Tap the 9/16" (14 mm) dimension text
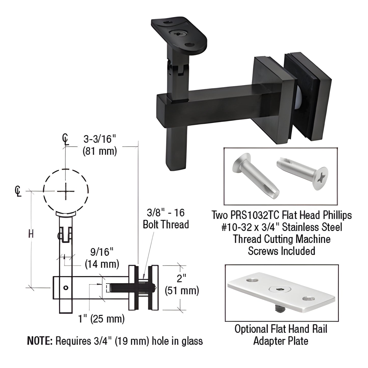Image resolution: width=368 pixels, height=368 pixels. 102,258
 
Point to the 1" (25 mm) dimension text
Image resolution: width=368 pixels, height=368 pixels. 101,319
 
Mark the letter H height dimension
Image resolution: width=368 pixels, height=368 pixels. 31,234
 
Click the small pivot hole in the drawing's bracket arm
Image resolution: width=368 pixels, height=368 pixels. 66,288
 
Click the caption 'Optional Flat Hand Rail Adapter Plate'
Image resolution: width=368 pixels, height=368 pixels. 281,335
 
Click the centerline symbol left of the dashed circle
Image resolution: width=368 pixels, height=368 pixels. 18,191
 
